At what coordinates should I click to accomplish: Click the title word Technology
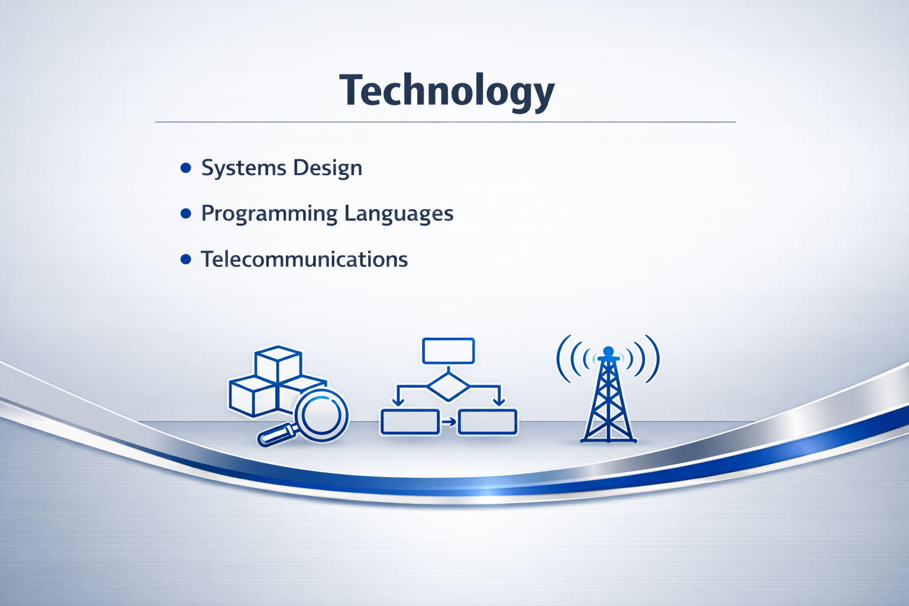(447, 91)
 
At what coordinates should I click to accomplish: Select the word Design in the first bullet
(327, 167)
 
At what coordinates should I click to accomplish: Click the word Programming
(269, 214)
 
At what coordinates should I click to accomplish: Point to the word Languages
(398, 214)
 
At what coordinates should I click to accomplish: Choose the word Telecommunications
(304, 259)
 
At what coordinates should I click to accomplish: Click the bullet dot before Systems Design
(186, 167)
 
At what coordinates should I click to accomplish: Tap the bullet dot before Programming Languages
(186, 214)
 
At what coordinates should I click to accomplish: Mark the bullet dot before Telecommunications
(186, 259)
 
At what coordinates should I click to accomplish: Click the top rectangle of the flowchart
(449, 351)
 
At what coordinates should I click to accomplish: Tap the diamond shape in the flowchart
(449, 387)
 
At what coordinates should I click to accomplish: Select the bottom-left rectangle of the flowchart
(410, 422)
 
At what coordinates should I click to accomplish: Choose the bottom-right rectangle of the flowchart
(488, 422)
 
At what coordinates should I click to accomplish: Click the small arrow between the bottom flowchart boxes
(449, 422)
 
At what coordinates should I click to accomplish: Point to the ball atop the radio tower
(608, 351)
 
